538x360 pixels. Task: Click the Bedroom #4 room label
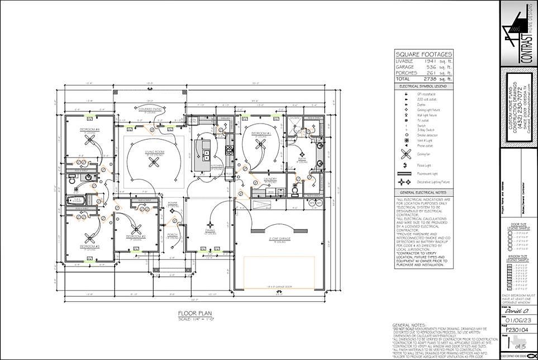tap(89, 129)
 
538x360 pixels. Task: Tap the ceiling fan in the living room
tap(154, 162)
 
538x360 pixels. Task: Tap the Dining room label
tap(210, 230)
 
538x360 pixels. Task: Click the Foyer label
tap(173, 203)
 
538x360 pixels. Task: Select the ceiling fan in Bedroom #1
tap(259, 145)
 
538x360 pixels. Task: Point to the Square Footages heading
tap(424, 54)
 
